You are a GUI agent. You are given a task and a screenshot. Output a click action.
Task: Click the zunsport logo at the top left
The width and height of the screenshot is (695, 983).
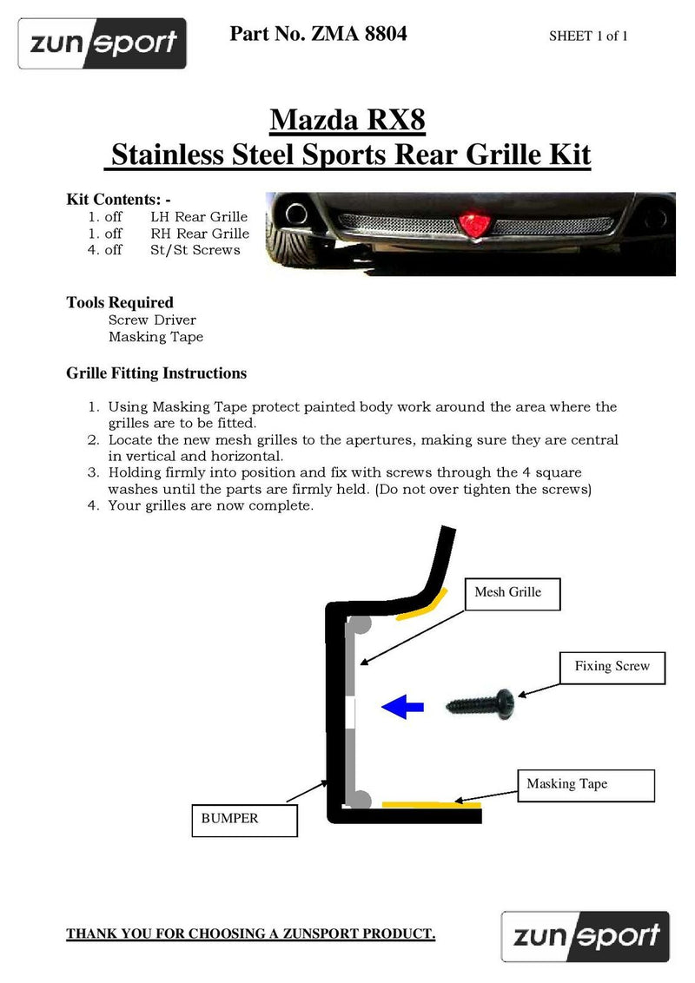(x=103, y=43)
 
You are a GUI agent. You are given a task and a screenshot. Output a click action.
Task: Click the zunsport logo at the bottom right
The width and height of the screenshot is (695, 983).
(x=586, y=936)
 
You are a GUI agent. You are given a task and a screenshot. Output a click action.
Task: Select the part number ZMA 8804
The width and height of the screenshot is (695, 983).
(x=318, y=34)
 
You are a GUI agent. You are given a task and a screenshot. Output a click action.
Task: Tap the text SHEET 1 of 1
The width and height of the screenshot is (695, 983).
(x=588, y=36)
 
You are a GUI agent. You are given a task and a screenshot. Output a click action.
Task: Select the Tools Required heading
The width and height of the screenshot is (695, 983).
(x=120, y=302)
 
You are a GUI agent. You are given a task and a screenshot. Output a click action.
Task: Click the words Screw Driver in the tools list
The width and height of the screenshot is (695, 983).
(x=152, y=320)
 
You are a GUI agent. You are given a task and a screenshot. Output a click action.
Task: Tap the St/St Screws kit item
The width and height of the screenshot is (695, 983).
(x=195, y=250)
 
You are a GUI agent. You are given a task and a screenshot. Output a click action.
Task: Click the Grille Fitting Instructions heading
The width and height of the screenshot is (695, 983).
(x=156, y=373)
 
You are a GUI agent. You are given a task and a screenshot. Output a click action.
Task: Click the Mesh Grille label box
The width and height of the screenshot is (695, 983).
(x=513, y=593)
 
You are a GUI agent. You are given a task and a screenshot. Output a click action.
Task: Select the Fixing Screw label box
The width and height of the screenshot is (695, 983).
(x=612, y=667)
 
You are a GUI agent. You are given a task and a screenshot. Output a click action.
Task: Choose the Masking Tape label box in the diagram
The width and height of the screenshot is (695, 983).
(x=566, y=784)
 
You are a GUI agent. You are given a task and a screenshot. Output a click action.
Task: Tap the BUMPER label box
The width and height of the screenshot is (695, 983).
(x=243, y=818)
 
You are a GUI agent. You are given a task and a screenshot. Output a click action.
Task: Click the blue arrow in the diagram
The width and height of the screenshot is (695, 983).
(x=402, y=707)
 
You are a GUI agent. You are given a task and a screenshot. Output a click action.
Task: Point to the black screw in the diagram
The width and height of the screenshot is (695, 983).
(x=483, y=700)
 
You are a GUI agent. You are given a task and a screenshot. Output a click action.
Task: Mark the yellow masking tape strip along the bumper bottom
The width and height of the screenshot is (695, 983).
(x=430, y=805)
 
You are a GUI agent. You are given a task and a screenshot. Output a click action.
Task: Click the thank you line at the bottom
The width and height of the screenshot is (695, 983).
(x=251, y=934)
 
